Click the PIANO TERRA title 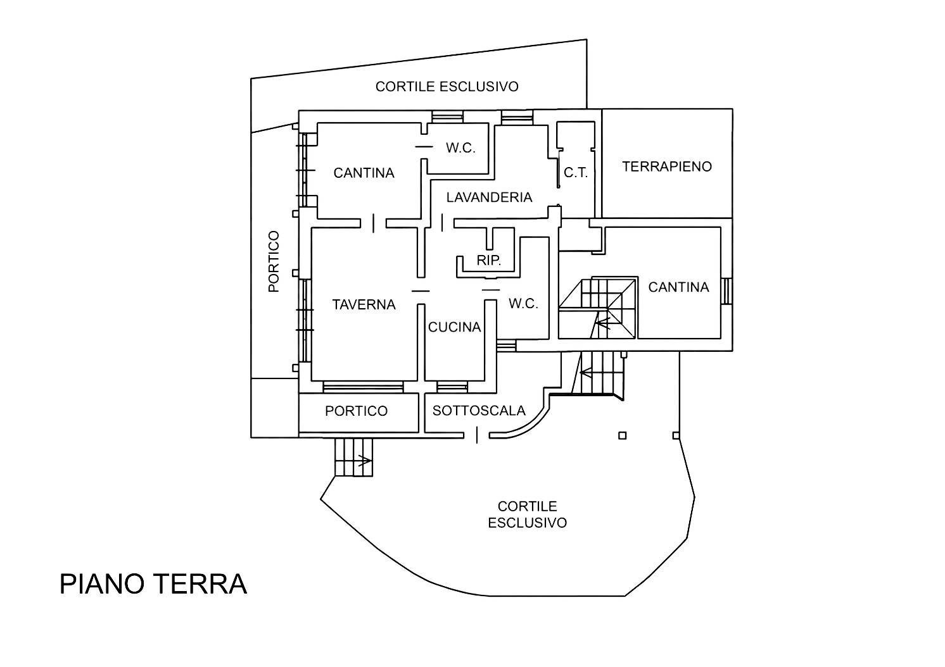point(153,584)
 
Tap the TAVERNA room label point(364,304)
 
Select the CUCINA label point(454,327)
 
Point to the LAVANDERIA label point(489,197)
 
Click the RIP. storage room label point(488,260)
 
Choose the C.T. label point(576,172)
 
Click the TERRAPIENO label point(667,166)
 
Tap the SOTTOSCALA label point(479,411)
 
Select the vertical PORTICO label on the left point(274,261)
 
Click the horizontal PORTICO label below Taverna point(356,411)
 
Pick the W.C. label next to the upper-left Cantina point(460,148)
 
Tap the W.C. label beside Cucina point(523,304)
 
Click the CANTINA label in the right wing point(678,287)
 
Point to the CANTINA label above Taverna point(364,173)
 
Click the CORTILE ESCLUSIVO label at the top point(447,87)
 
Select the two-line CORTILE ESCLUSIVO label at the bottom point(528,514)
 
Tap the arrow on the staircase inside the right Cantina point(603,323)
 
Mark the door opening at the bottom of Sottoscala point(477,435)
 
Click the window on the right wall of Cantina point(726,291)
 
